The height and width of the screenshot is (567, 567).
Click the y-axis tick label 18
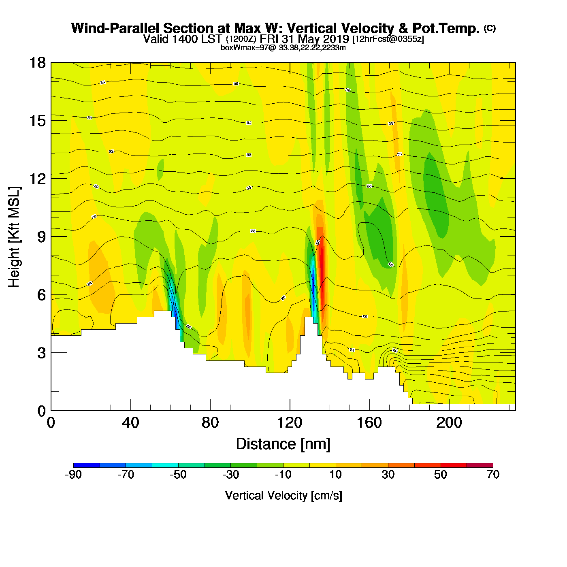(37, 63)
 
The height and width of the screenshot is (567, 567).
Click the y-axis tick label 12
(37, 179)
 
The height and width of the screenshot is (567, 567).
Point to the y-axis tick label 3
(41, 353)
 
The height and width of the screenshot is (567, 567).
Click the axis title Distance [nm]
(283, 444)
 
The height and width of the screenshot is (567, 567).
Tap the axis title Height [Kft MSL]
(14, 237)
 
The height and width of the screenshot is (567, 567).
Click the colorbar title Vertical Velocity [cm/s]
(283, 495)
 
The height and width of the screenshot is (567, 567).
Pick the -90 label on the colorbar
(73, 475)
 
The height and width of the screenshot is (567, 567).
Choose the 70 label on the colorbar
(493, 475)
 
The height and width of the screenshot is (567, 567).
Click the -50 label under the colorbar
(178, 475)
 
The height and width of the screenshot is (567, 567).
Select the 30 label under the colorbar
(388, 475)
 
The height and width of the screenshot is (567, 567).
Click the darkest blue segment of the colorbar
(86, 465)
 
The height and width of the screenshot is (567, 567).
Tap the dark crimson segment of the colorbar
(480, 465)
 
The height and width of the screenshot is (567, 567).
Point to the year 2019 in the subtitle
(335, 39)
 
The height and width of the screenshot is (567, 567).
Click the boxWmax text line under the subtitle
(283, 47)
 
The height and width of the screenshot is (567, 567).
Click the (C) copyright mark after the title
(490, 28)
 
